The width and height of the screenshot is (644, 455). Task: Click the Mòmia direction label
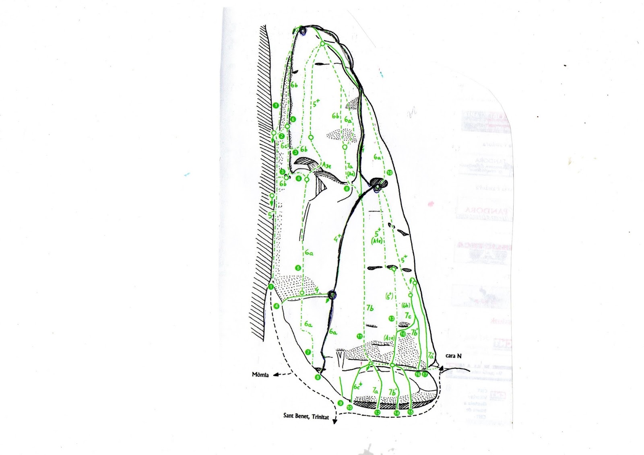click(x=260, y=375)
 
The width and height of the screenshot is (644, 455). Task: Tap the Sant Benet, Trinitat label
click(x=306, y=417)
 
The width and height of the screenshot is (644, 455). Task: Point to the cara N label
click(x=454, y=356)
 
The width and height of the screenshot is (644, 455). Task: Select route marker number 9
click(x=341, y=403)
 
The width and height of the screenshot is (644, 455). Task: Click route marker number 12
click(x=377, y=412)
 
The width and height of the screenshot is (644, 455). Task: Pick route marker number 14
click(x=397, y=413)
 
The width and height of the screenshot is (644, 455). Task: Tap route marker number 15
click(x=411, y=412)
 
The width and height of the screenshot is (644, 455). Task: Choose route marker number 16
click(x=418, y=374)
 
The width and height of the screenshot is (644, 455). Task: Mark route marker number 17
click(x=425, y=374)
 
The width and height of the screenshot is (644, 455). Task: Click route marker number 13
click(x=391, y=319)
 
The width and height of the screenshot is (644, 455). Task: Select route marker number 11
click(x=359, y=336)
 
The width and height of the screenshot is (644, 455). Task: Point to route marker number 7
click(x=308, y=352)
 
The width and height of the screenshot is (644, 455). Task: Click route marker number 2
click(x=282, y=136)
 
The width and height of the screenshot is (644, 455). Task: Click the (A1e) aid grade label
click(x=377, y=241)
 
